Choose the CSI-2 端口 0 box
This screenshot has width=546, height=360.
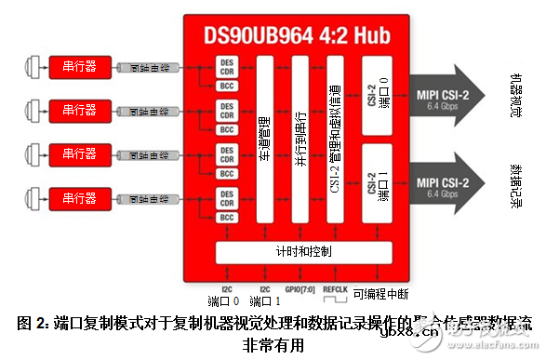tap(375, 96)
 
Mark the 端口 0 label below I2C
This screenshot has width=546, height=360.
tap(223, 301)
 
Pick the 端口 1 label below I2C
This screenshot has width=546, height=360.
tap(266, 301)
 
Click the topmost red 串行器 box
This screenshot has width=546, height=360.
tap(85, 67)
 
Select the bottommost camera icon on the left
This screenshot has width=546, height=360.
tap(34, 197)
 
